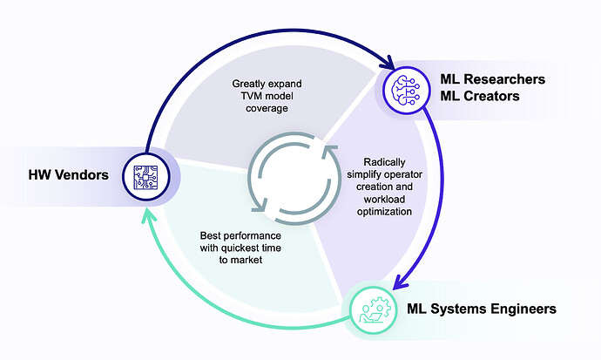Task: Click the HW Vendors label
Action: tap(68, 175)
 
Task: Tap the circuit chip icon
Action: tap(145, 177)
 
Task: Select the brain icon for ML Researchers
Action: tap(406, 90)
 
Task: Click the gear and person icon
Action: tap(375, 309)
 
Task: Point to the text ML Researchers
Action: tap(492, 79)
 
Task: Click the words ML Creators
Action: tap(480, 96)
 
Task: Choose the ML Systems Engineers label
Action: tap(482, 309)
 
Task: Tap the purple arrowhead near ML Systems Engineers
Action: tap(401, 281)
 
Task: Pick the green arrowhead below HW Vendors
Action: tap(149, 215)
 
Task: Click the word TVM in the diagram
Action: tap(252, 96)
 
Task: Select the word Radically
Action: tap(384, 162)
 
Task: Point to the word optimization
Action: tap(384, 212)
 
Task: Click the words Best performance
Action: tap(240, 235)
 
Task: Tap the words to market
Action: tap(240, 260)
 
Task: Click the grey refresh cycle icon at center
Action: tap(294, 179)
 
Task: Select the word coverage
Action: tap(267, 108)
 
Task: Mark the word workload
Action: tap(384, 200)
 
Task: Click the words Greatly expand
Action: tap(267, 84)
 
